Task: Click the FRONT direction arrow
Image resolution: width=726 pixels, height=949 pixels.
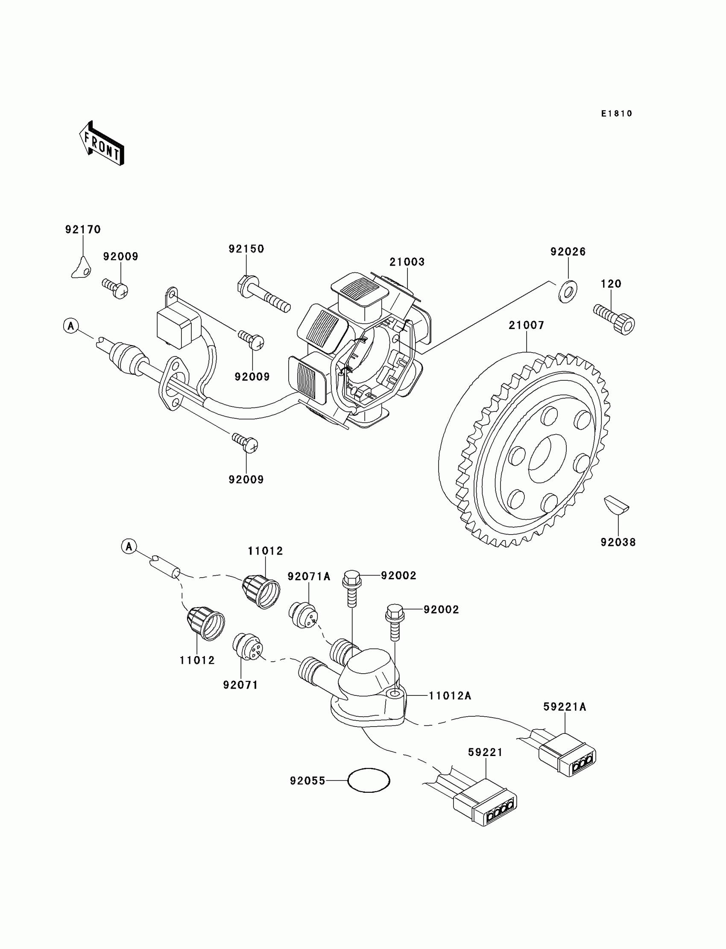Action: coord(102,144)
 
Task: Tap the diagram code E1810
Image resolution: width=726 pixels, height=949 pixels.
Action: coord(617,114)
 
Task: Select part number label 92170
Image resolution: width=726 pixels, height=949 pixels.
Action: coord(83,229)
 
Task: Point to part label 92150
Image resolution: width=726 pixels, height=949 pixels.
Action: coord(246,249)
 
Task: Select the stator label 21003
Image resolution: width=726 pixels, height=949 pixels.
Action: coord(407,262)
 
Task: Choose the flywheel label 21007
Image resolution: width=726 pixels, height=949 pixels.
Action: coord(526,325)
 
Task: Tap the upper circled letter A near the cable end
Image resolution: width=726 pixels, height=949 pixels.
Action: coord(71,326)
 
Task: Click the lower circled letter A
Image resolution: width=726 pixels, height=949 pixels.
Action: coord(129,546)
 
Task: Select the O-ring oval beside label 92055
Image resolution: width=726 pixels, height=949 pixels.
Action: coord(369,780)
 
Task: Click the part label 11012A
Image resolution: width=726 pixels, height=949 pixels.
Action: coord(450,696)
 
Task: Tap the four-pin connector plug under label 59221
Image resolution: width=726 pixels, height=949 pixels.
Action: coord(485,803)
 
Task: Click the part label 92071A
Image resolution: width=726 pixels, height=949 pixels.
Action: coord(309,576)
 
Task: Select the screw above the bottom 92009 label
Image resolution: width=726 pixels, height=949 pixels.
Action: coord(245,442)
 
